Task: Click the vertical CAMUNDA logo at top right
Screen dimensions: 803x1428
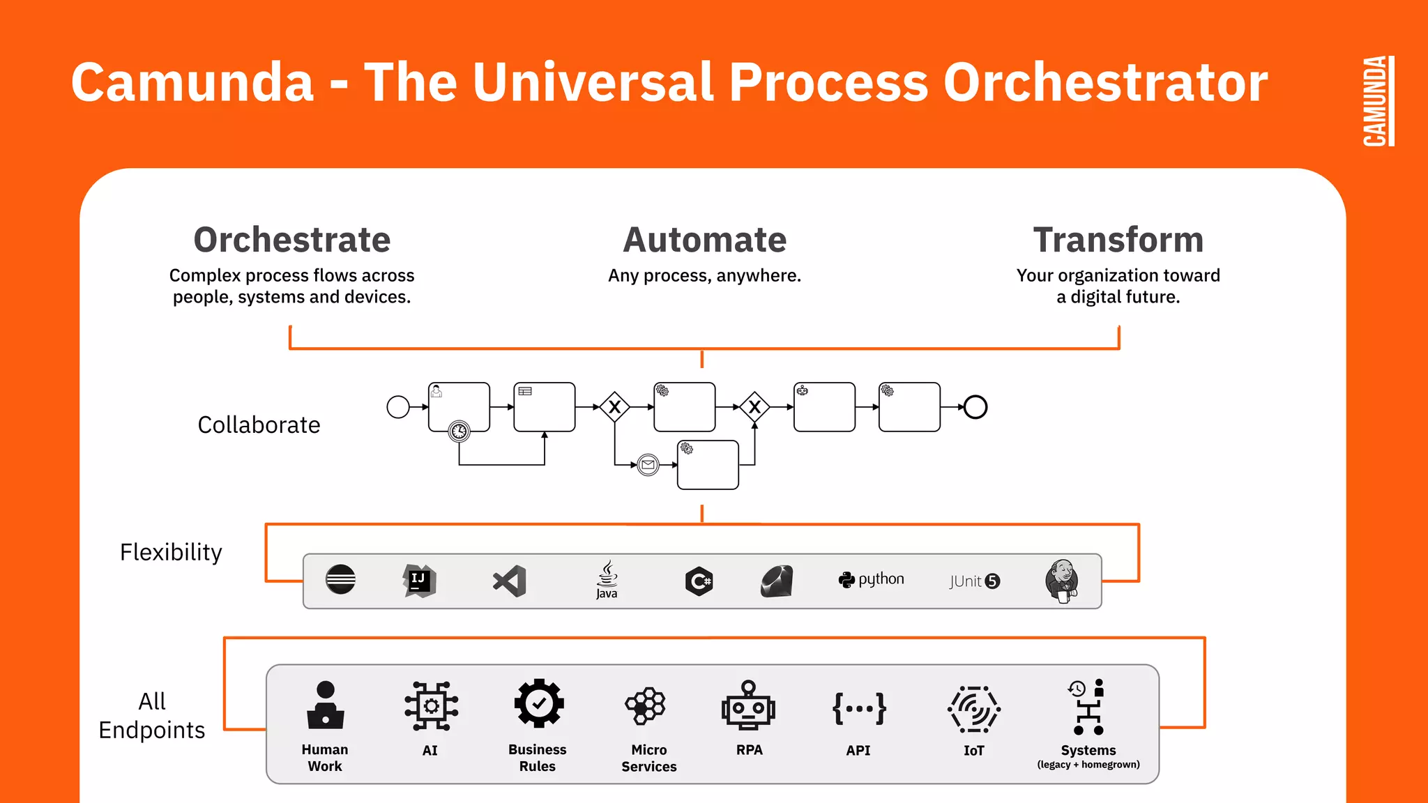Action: pos(1378,101)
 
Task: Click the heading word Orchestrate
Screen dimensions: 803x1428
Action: pos(291,240)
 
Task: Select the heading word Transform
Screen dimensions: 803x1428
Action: pos(1118,240)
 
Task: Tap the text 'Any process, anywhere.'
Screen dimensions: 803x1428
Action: pos(704,275)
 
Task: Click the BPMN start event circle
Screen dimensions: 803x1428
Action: pos(398,406)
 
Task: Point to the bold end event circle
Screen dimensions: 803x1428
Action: pos(975,406)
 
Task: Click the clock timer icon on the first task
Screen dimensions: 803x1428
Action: pos(459,431)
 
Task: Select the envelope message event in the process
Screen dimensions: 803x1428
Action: pos(648,464)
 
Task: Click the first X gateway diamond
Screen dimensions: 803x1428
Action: pos(614,406)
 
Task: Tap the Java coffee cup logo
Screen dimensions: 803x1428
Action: pos(607,579)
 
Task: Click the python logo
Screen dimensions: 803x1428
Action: pos(871,579)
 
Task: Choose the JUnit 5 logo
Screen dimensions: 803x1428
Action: pos(974,581)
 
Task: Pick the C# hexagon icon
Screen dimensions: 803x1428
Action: pos(699,581)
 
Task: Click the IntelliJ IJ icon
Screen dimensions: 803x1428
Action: pos(419,580)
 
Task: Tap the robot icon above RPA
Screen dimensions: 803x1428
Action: pos(748,705)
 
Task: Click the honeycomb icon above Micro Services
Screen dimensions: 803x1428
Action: pos(646,705)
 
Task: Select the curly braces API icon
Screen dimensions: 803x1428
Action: pos(858,708)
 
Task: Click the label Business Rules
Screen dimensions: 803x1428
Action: pos(537,758)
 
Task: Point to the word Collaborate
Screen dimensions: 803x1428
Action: pos(259,425)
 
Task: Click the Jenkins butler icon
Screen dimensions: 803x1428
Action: pos(1062,581)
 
